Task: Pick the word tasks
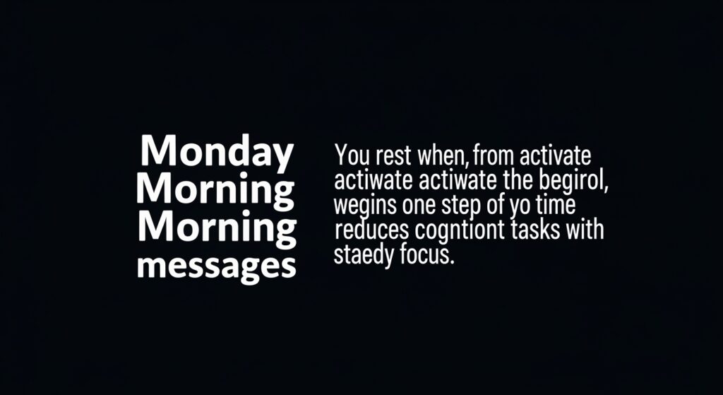(x=534, y=230)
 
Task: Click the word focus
(x=424, y=255)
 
